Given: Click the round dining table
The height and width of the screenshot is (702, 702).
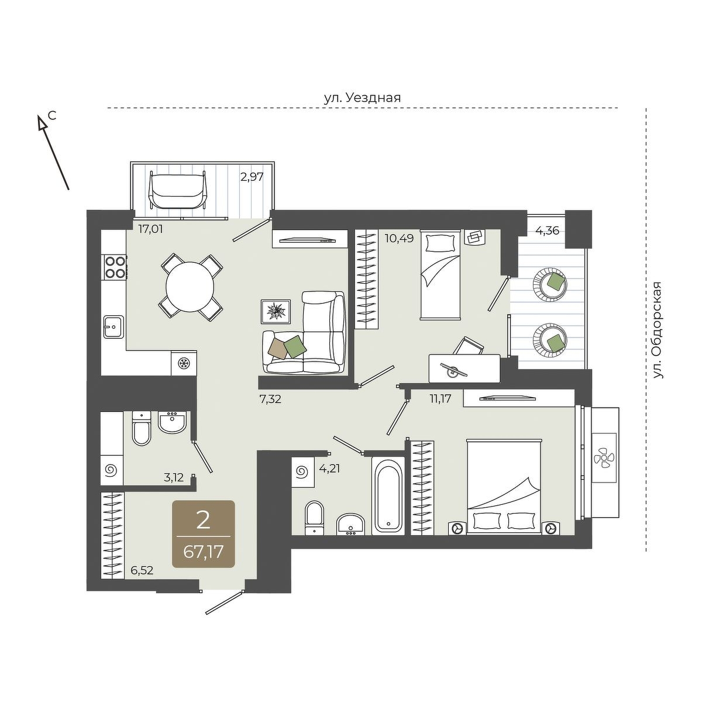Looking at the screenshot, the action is click(190, 286).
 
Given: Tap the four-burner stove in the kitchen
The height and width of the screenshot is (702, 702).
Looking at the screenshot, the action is click(115, 267).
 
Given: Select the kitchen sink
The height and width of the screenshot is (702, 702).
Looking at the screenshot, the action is click(113, 327).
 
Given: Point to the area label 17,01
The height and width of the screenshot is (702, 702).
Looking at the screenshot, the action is click(150, 229).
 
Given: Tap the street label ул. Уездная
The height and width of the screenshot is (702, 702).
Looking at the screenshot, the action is click(363, 98).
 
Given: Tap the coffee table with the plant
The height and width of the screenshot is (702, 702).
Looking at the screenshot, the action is click(276, 311).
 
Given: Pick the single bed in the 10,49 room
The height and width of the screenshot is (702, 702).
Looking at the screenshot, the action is click(441, 275).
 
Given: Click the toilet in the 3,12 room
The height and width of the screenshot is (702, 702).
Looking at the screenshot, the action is click(141, 429).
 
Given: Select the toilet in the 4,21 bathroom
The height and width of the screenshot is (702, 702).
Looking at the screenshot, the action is click(314, 518).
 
